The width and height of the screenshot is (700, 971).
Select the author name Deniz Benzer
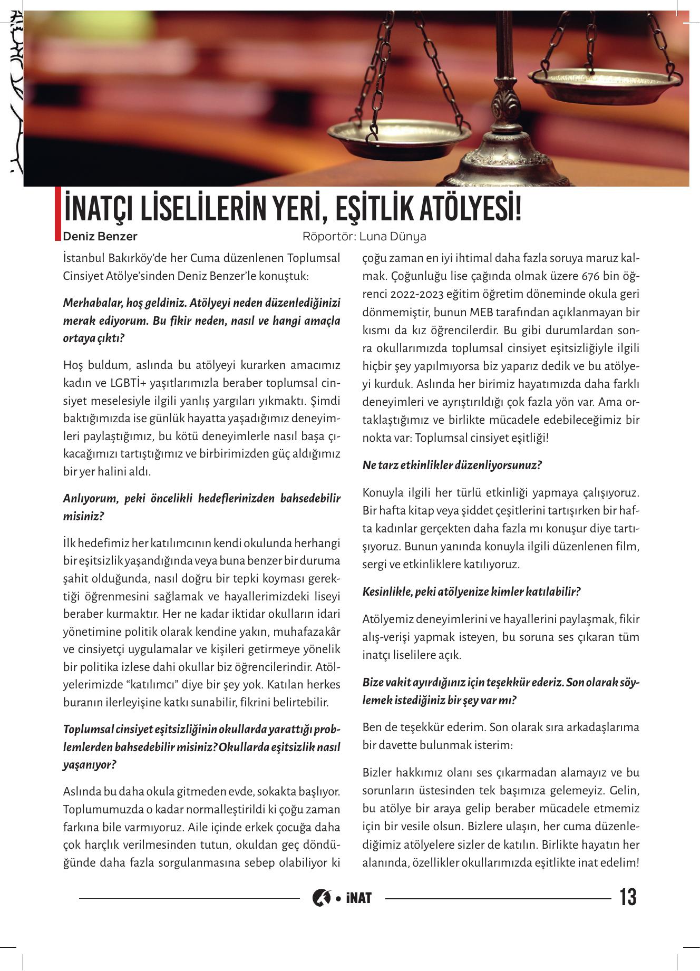tap(100, 236)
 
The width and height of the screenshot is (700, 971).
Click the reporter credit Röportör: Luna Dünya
tap(364, 236)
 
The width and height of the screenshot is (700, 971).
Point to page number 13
tap(628, 897)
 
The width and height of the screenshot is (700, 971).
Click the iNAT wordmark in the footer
tap(359, 897)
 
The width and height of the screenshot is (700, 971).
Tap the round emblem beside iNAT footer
tap(320, 897)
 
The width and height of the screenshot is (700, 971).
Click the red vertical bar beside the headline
tap(58, 213)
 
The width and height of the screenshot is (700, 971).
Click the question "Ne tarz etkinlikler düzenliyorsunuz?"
tap(452, 465)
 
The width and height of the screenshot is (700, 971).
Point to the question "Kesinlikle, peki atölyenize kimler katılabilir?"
tap(471, 591)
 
